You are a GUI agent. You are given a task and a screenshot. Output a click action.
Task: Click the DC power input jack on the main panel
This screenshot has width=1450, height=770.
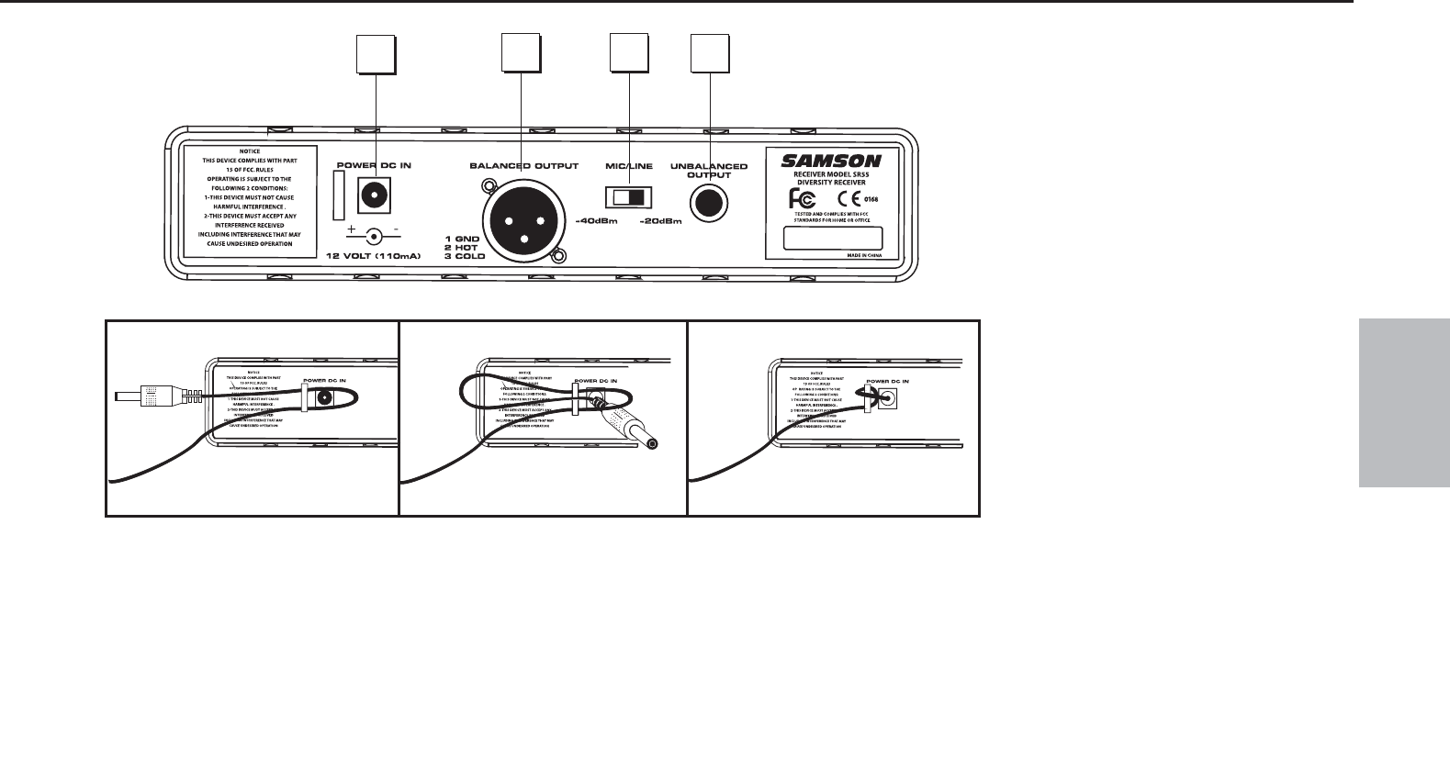[x=374, y=195]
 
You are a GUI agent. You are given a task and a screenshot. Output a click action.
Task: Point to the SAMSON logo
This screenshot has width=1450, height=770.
[x=831, y=161]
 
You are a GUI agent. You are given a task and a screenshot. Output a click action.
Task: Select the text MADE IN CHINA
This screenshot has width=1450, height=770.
[x=863, y=257]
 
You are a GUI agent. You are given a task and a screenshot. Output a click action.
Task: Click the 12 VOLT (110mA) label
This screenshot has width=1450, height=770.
[x=374, y=256]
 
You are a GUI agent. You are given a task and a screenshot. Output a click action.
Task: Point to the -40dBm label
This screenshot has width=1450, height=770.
[x=597, y=221]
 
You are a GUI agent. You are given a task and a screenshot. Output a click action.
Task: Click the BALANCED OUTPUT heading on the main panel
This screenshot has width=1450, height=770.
[x=523, y=166]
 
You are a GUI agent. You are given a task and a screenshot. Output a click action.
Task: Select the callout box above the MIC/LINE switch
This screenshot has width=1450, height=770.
[x=631, y=53]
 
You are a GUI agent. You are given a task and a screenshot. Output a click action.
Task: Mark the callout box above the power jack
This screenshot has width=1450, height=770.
[x=376, y=53]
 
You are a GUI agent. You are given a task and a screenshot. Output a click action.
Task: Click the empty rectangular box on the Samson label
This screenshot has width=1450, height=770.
[x=832, y=238]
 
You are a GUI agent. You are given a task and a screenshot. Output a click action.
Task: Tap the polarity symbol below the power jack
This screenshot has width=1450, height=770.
[x=373, y=235]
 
